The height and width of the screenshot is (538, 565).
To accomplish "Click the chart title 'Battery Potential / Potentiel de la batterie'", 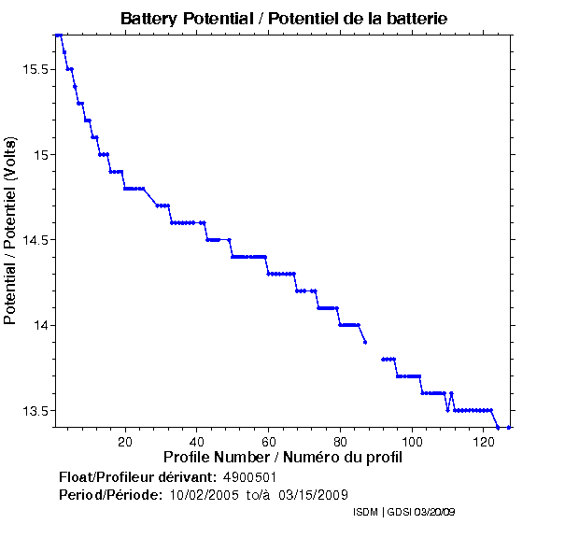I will click(x=290, y=19).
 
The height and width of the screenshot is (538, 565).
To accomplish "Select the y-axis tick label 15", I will click(x=40, y=154).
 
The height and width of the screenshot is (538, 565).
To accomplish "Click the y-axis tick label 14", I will click(x=40, y=325).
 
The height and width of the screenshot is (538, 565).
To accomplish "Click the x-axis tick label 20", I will click(x=124, y=442).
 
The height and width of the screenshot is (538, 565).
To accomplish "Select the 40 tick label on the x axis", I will click(x=196, y=442).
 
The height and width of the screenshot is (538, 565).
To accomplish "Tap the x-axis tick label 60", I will click(x=268, y=442).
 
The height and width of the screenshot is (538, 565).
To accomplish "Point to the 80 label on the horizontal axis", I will click(x=340, y=442).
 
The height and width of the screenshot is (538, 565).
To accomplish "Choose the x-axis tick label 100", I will click(x=412, y=442).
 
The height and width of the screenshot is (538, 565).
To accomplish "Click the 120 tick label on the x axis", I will click(x=484, y=442).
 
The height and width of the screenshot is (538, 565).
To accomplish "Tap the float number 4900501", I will click(x=249, y=477).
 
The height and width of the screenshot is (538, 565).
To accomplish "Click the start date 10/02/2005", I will click(x=202, y=494).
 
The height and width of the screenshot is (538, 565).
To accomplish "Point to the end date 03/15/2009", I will click(x=314, y=494).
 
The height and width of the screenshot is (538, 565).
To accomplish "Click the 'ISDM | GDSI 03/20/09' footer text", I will click(x=404, y=513).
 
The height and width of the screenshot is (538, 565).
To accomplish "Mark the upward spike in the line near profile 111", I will click(x=451, y=393).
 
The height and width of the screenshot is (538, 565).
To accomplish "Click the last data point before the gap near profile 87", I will click(x=365, y=342).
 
